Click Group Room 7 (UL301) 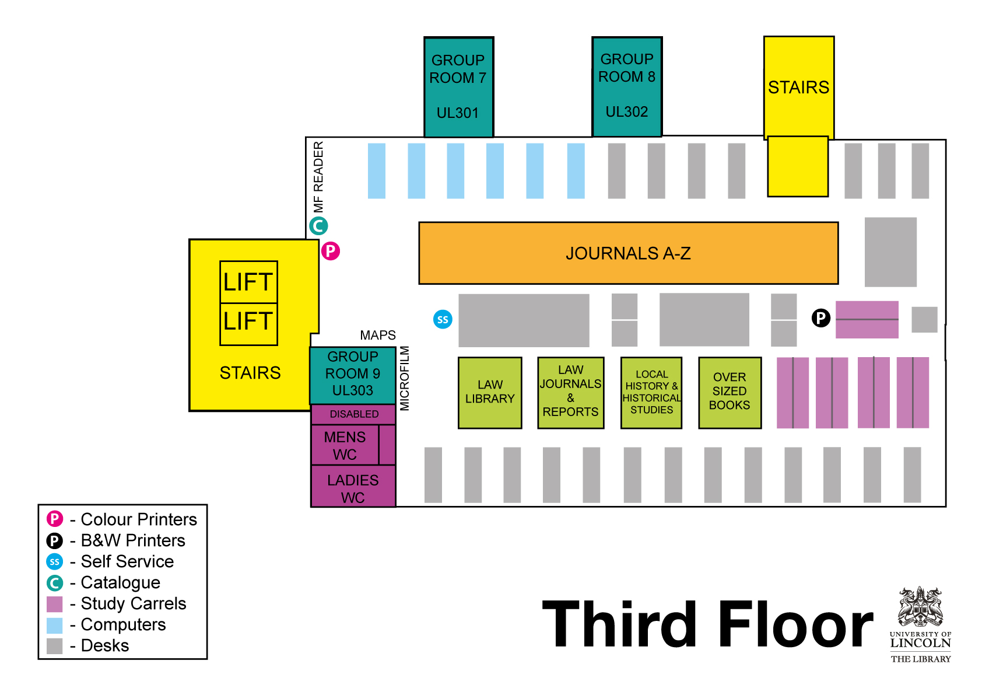pyautogui.click(x=458, y=87)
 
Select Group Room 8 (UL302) pyautogui.click(x=627, y=86)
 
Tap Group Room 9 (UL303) pyautogui.click(x=353, y=374)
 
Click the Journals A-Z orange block pyautogui.click(x=628, y=253)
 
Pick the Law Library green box pyautogui.click(x=490, y=392)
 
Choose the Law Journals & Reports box pyautogui.click(x=570, y=392)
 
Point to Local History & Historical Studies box pyautogui.click(x=651, y=392)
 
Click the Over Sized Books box pyautogui.click(x=730, y=392)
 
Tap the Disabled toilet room pyautogui.click(x=353, y=414)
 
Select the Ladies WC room pyautogui.click(x=353, y=488)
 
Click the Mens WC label pyautogui.click(x=345, y=445)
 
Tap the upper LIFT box pyautogui.click(x=248, y=282)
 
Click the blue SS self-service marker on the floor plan pyautogui.click(x=443, y=319)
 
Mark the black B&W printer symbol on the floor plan pyautogui.click(x=820, y=318)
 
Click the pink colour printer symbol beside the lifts pyautogui.click(x=330, y=251)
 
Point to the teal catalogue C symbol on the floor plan pyautogui.click(x=318, y=226)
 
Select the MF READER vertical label pyautogui.click(x=318, y=177)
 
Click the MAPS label pyautogui.click(x=378, y=336)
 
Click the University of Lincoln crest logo pyautogui.click(x=920, y=607)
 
